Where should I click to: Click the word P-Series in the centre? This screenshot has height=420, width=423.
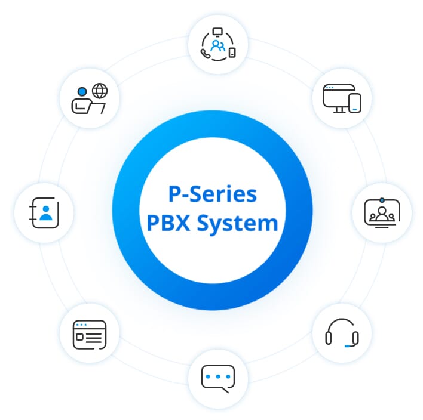point(211,194)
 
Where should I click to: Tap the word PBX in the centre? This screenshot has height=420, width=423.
point(170,224)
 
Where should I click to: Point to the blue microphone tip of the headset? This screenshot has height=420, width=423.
point(348,345)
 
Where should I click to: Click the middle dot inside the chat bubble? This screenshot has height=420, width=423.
point(217,376)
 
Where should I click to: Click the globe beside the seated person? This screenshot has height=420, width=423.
point(100,91)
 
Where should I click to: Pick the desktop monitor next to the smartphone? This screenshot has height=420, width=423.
point(335,97)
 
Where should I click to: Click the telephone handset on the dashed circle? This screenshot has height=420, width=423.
point(206,53)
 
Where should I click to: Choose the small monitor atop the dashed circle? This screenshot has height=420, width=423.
point(217,31)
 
